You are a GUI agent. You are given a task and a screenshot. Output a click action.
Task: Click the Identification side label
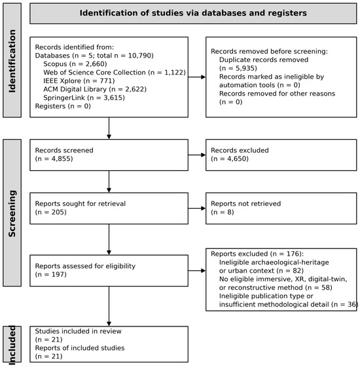(x=12, y=61)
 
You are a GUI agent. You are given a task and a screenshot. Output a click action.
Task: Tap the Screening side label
(x=12, y=213)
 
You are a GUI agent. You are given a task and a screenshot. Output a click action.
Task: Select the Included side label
(x=12, y=345)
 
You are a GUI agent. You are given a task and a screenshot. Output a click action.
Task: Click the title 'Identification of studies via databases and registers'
(x=193, y=13)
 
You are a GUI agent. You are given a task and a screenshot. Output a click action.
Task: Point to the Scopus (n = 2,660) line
(x=75, y=64)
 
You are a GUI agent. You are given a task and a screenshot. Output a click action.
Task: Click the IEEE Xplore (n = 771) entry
(x=79, y=80)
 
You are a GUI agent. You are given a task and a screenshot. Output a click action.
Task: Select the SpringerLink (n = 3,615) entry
(x=84, y=97)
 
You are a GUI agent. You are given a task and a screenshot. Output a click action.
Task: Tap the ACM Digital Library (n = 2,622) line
(x=95, y=89)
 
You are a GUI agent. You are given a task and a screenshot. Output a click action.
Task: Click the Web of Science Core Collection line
(x=115, y=73)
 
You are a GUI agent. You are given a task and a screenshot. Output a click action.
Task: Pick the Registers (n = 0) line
(x=63, y=106)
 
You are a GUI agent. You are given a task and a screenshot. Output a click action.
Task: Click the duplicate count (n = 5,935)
(x=238, y=68)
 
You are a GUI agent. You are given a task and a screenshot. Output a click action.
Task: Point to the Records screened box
(x=109, y=155)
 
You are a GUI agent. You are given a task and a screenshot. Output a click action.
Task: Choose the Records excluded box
(x=281, y=155)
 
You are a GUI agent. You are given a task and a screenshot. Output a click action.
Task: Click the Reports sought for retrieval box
(x=109, y=208)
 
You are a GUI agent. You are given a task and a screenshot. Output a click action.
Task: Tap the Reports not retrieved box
(x=281, y=208)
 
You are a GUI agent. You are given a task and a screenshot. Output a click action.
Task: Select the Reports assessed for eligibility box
(x=109, y=271)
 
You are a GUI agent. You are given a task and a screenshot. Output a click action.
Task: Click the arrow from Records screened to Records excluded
(x=197, y=155)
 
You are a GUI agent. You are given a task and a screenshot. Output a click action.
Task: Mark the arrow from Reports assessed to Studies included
(x=109, y=306)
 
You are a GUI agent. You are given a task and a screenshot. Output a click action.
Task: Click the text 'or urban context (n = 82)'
(x=261, y=271)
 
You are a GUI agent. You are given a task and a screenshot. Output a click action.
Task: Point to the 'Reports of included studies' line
(x=80, y=348)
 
